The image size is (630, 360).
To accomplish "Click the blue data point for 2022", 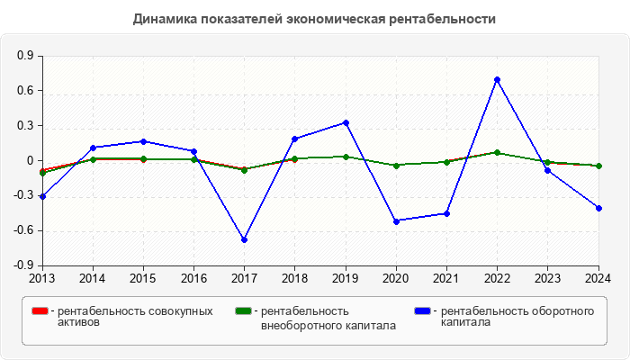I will tap(497, 79).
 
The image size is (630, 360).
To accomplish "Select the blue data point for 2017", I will tap(244, 239).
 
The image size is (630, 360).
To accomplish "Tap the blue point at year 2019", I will tap(346, 122).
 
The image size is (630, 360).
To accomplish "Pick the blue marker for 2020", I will tap(396, 220).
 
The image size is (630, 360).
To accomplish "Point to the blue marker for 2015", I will tap(143, 141).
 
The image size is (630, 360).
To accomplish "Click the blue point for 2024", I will tap(598, 208).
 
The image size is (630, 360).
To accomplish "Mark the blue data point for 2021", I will tap(446, 213).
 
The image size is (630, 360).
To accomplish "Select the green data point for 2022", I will tap(497, 153).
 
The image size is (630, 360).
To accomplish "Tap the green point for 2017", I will tap(244, 169).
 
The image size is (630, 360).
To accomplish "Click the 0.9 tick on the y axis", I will tap(25, 56).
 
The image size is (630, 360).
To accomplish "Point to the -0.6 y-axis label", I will tap(23, 231).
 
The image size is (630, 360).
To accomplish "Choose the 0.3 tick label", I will tap(25, 126).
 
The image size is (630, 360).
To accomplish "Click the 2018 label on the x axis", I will tap(294, 277).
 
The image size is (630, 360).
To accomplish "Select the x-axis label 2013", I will tap(41, 277).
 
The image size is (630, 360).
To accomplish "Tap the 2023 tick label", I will tap(548, 277).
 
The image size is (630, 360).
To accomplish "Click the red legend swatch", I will tap(39, 311).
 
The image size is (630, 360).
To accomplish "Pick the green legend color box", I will tap(242, 311).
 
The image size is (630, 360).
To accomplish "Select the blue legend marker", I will tap(422, 311).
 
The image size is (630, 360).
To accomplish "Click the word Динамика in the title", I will tap(164, 19).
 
